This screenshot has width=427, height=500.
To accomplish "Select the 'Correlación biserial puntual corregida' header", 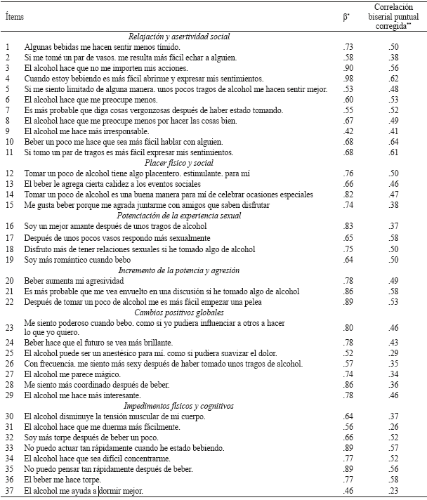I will pyautogui.click(x=394, y=15).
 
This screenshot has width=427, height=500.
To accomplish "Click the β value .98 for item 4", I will pyautogui.click(x=346, y=79).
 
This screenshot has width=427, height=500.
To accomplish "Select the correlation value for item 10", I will pyautogui.click(x=395, y=142).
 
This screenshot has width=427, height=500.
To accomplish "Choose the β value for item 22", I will pyautogui.click(x=346, y=301).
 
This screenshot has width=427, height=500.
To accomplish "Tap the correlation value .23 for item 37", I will pyautogui.click(x=395, y=490).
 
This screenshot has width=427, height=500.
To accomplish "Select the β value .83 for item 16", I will pyautogui.click(x=346, y=226).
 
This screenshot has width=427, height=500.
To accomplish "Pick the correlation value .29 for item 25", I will pyautogui.click(x=395, y=353).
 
